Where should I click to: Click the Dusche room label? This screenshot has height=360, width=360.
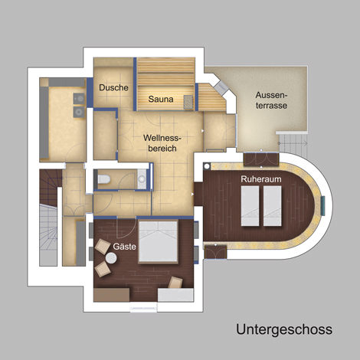click(x=113, y=87)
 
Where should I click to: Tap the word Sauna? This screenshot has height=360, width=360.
click(x=161, y=99)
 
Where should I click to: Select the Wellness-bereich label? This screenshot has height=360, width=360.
click(x=162, y=143)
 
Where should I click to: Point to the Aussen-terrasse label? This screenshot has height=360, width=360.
click(x=271, y=100)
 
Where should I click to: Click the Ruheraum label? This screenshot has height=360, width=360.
click(x=261, y=179)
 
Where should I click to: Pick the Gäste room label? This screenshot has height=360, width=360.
click(x=124, y=247)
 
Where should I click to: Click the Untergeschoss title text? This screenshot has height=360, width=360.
click(x=284, y=329)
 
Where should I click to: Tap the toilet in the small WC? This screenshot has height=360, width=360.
click(x=103, y=179)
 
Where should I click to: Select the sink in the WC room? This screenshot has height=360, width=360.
click(x=142, y=178)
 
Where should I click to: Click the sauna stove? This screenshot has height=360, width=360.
click(x=188, y=102)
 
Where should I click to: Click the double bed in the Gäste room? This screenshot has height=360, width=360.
click(x=158, y=242)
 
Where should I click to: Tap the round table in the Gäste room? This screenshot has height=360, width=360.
click(x=111, y=258)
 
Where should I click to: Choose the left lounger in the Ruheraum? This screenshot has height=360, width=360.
click(x=250, y=206)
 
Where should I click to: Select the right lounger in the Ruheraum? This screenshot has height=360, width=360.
click(x=273, y=206)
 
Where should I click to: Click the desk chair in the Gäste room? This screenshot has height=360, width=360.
click(x=175, y=283)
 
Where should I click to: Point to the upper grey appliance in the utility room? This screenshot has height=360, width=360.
click(x=79, y=98)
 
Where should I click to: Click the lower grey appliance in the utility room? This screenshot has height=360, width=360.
click(x=79, y=112)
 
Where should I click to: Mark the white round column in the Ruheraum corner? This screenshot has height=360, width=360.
click(x=207, y=166)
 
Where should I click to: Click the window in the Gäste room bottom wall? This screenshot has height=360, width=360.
click(x=143, y=307)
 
